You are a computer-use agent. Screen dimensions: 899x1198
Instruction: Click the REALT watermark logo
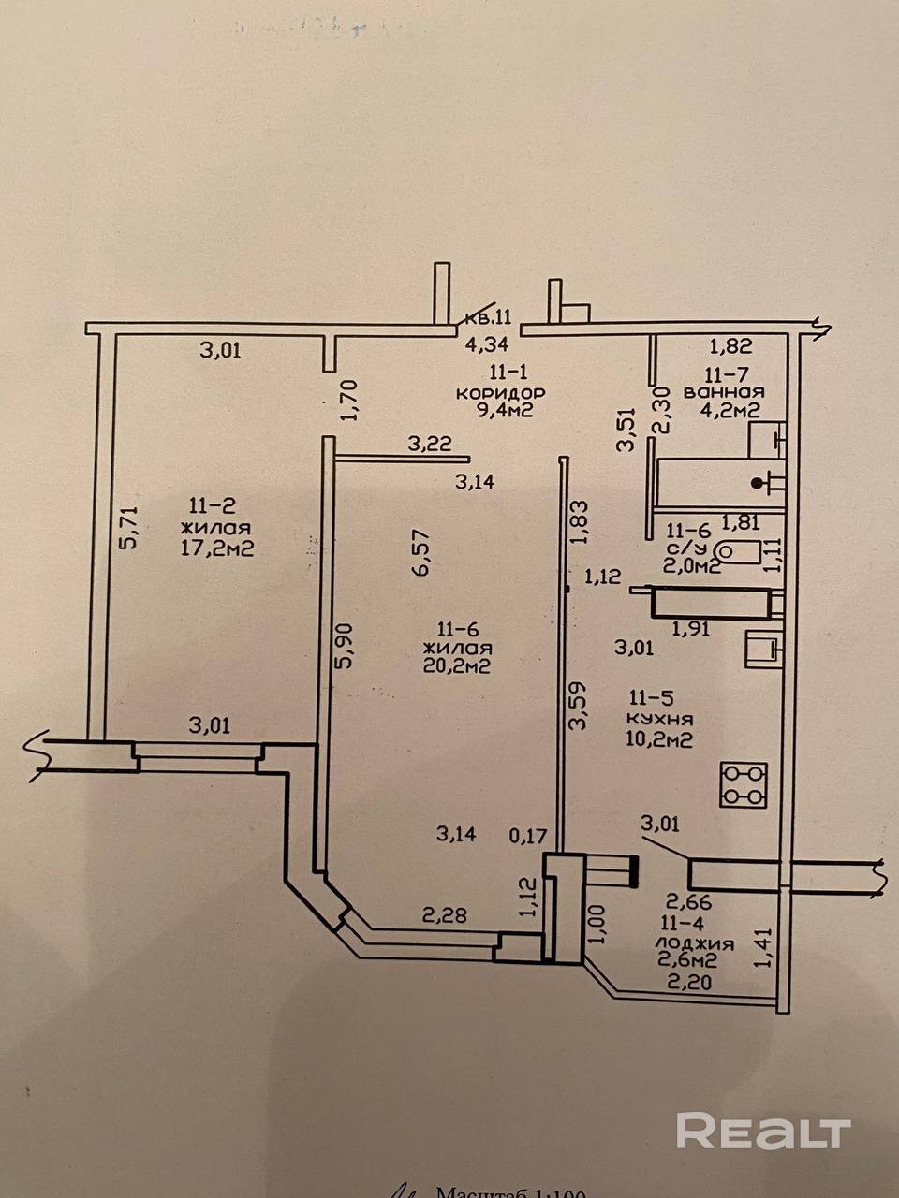763,1131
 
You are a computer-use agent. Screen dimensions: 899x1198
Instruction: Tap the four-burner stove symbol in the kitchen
744,784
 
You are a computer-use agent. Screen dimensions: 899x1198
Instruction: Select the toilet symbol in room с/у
738,551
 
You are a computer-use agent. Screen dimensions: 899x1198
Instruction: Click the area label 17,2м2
217,548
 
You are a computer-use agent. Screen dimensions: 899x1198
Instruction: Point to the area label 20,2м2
458,666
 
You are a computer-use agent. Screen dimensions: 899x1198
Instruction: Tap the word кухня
661,719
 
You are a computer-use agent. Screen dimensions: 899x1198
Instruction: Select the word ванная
724,392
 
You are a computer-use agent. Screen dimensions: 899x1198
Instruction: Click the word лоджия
694,943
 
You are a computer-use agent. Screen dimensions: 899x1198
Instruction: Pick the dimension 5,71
130,526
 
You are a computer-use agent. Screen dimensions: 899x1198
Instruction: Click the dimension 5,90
346,646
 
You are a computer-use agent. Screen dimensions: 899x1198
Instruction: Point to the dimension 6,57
420,551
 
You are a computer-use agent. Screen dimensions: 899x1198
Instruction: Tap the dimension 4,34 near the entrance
488,342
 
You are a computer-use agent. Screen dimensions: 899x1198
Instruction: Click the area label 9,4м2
505,410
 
